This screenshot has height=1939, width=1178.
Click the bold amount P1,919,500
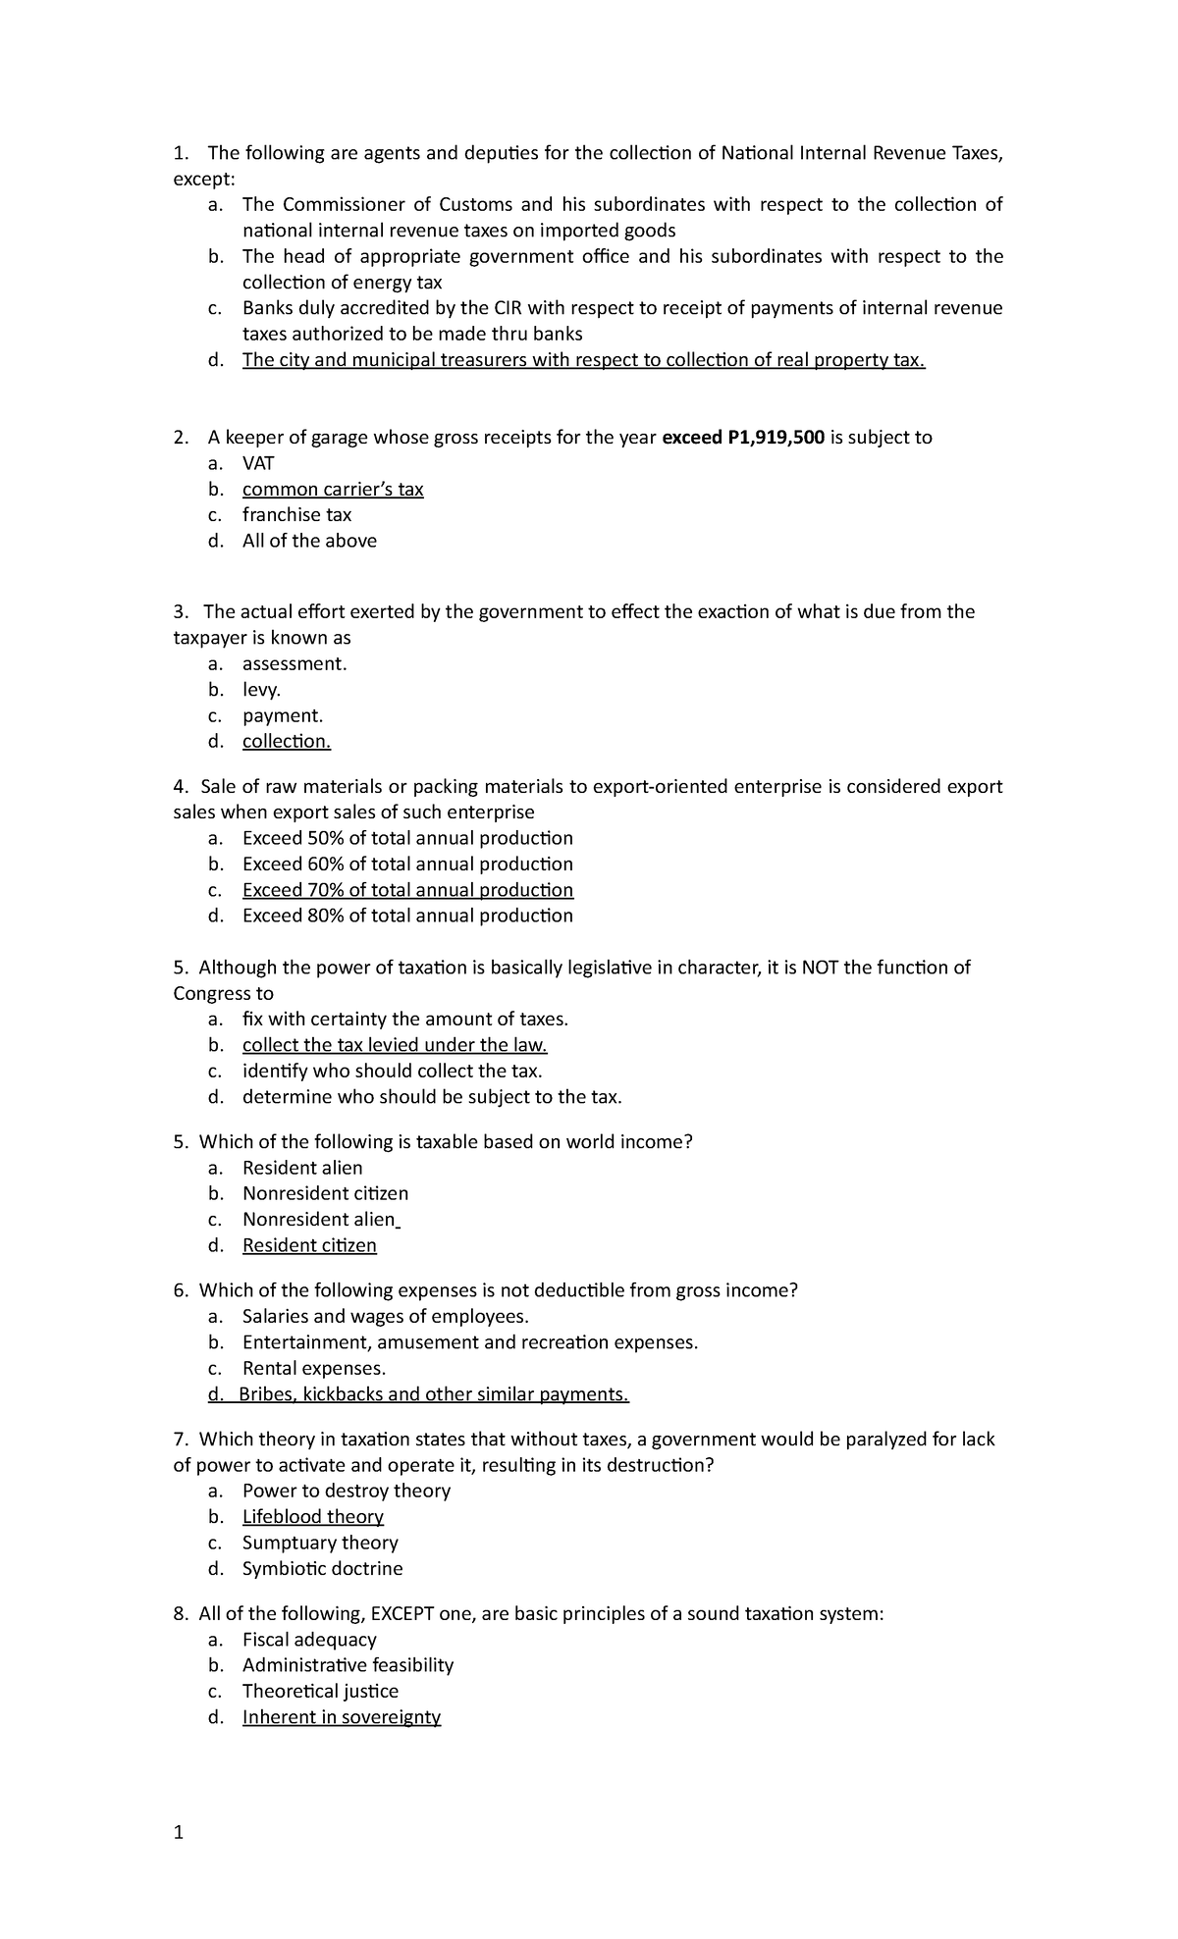click(x=775, y=438)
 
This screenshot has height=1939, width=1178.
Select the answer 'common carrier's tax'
click(x=333, y=489)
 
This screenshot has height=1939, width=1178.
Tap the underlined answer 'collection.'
click(x=287, y=741)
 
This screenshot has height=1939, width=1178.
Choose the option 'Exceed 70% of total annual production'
click(x=407, y=890)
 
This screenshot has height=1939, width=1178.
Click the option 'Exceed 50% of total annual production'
click(x=407, y=838)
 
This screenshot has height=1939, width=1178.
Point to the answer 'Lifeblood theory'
click(x=313, y=1516)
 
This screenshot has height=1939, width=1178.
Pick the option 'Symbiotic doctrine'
click(x=322, y=1568)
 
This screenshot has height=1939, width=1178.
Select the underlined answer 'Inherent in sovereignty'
click(x=342, y=1716)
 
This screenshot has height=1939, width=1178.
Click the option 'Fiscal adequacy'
click(x=309, y=1639)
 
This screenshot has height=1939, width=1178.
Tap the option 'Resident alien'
click(x=302, y=1168)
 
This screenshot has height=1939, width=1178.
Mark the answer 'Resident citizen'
click(x=309, y=1245)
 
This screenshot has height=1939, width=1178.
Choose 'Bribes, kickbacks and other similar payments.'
click(x=433, y=1394)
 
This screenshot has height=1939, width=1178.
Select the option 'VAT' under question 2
click(x=259, y=463)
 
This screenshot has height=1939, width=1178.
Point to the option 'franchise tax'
click(x=296, y=514)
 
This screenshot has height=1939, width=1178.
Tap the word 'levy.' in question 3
click(x=261, y=690)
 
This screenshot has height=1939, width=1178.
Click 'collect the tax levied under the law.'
click(x=395, y=1045)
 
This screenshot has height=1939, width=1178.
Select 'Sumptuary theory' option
click(x=320, y=1543)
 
